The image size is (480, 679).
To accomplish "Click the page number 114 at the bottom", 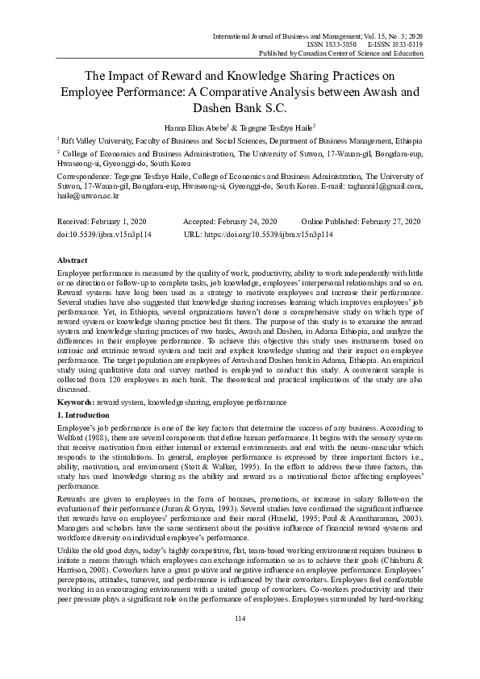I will pyautogui.click(x=240, y=641).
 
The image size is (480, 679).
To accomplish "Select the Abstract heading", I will pyautogui.click(x=73, y=261).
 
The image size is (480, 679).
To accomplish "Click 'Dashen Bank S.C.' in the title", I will pyautogui.click(x=240, y=106).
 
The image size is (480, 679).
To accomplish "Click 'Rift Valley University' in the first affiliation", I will pyautogui.click(x=94, y=141).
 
